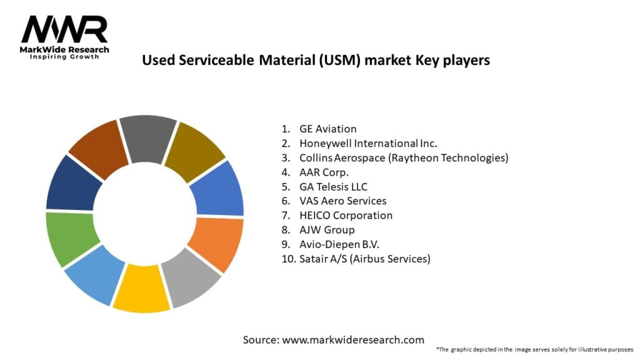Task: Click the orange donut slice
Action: click(x=216, y=244)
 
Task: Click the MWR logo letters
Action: click(x=64, y=29)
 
